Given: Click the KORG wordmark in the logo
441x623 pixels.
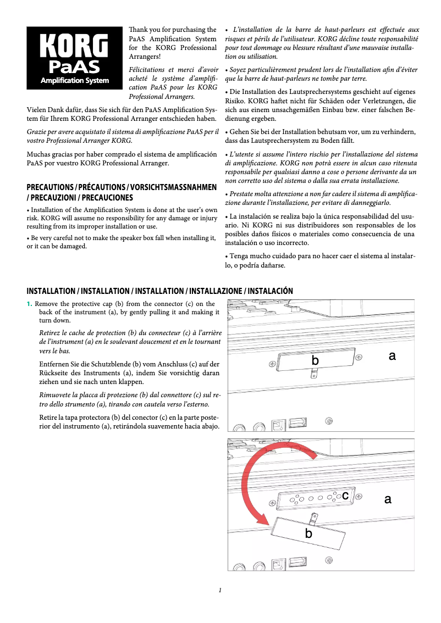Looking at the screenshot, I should [74, 47].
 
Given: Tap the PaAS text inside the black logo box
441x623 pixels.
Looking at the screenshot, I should [74, 67].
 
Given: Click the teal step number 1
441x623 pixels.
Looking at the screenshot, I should [30, 304].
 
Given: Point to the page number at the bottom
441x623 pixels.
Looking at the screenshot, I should [220, 591].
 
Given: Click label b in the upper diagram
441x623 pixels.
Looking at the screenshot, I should [315, 360].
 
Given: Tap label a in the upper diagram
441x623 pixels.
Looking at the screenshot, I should [392, 356].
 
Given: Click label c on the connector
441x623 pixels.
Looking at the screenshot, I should [345, 496].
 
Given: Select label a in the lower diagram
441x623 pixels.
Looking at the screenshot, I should [388, 499].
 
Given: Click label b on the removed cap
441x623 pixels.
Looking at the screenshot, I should [308, 533].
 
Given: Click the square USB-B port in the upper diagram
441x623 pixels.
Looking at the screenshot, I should [278, 425].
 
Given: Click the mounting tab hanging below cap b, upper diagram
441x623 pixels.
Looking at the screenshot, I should [314, 374].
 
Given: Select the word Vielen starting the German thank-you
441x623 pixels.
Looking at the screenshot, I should [36, 110].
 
